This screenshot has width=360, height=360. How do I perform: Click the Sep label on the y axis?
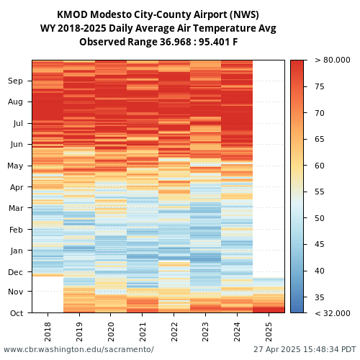click(15, 81)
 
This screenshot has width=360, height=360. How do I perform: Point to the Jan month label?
click(17, 251)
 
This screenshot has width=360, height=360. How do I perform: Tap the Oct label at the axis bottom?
click(17, 313)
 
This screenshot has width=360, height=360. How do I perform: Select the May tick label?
click(15, 166)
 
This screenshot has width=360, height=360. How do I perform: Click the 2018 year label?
click(48, 332)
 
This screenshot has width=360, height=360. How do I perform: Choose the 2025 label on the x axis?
click(269, 332)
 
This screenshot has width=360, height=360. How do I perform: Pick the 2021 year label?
click(143, 332)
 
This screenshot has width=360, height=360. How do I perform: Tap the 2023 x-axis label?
click(205, 332)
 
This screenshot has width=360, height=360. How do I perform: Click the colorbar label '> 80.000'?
click(333, 60)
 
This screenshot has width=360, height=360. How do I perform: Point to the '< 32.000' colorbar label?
click(333, 313)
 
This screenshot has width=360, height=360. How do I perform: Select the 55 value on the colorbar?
click(320, 192)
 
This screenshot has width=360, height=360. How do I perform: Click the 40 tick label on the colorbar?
click(320, 271)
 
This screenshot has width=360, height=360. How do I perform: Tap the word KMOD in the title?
click(72, 14)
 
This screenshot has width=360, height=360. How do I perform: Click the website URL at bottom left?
click(78, 349)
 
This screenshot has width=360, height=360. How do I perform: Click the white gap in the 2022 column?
click(174, 261)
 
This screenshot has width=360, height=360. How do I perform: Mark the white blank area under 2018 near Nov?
click(48, 294)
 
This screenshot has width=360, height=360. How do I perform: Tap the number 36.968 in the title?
click(175, 42)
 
